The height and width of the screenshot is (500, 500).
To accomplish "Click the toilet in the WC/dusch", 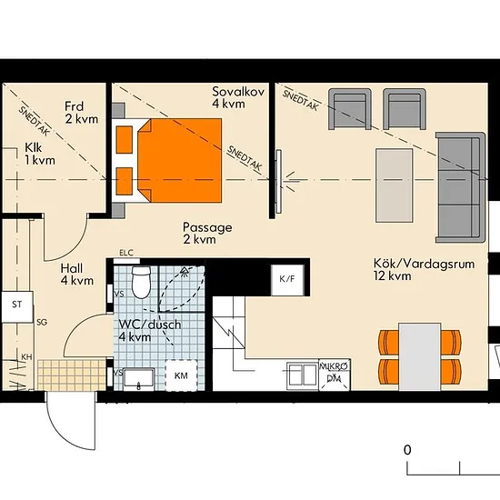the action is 141,282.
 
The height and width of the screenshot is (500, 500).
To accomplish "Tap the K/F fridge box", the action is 287,280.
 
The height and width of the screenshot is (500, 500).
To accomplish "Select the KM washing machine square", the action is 181,375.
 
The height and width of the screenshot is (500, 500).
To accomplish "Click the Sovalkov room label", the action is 238,97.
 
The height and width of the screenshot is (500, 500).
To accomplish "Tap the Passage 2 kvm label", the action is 207,233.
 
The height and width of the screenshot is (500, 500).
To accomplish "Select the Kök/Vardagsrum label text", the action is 425,264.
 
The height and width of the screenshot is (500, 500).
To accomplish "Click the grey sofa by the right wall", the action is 461,187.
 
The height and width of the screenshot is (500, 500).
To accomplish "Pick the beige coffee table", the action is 395,185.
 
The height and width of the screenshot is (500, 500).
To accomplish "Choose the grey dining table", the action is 420,357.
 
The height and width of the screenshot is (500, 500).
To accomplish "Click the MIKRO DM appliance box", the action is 335,375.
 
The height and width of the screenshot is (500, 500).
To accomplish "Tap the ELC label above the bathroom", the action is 126,253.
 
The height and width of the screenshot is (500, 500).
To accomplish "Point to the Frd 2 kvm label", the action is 81,113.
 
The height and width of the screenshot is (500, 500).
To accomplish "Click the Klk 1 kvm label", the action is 40,154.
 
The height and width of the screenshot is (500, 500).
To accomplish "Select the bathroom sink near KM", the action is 139,379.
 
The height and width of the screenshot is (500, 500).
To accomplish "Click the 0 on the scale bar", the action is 407,450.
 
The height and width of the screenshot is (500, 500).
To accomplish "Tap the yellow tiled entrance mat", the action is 72,375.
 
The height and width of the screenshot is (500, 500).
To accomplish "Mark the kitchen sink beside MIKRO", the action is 303,375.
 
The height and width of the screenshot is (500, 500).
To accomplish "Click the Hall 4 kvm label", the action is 77,275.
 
